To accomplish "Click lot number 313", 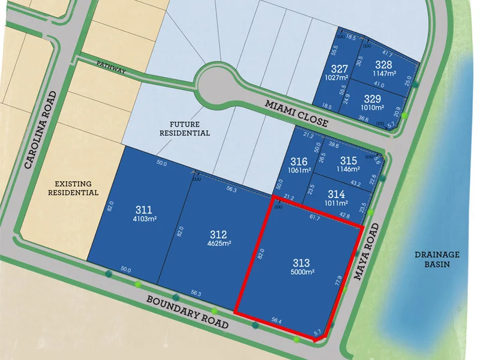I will click(301, 262).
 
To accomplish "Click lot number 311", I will click(144, 210).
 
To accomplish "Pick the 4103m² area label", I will click(144, 219).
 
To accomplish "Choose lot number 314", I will click(337, 194).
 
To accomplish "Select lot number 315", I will click(348, 161).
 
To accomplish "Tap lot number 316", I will click(299, 161).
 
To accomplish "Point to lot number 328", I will click(383, 65).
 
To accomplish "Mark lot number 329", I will click(373, 99).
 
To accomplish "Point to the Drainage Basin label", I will click(436, 259).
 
